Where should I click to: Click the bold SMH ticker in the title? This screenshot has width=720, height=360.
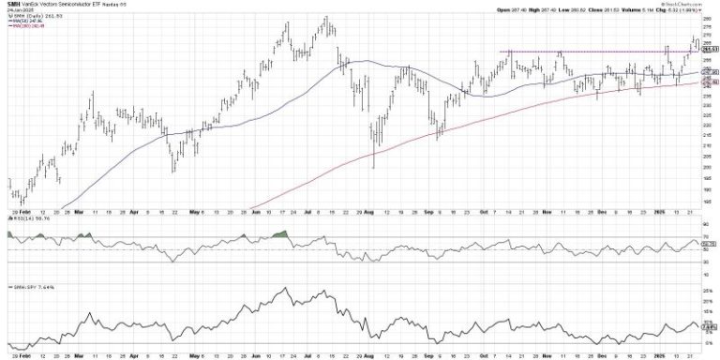[x=12, y=5]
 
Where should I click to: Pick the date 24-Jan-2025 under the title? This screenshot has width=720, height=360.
[x=19, y=12]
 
